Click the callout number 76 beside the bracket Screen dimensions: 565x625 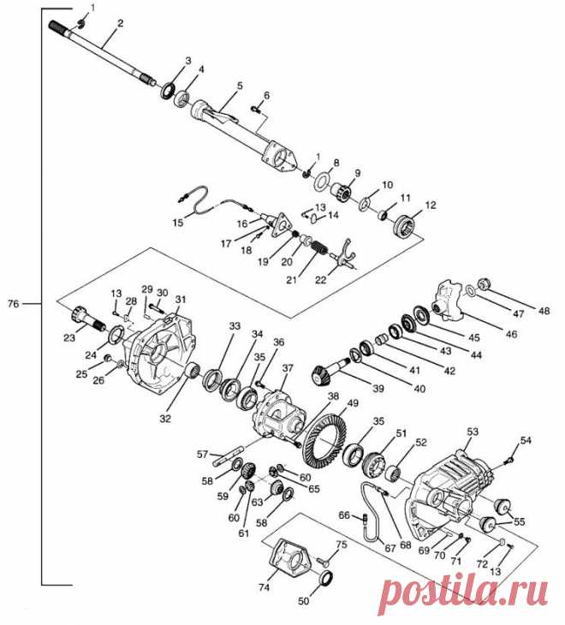[13, 304]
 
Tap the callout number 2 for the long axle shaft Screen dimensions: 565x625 [120, 23]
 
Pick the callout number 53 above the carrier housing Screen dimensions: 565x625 [473, 432]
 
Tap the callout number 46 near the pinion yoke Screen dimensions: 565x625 [511, 334]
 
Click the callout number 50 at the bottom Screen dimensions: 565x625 [304, 601]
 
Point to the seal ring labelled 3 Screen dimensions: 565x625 [169, 91]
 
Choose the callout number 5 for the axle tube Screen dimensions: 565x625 [240, 86]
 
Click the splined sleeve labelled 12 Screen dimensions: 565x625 [403, 226]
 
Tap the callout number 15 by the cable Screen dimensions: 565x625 [178, 223]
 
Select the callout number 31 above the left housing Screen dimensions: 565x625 [181, 300]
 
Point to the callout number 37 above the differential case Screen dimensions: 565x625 [288, 368]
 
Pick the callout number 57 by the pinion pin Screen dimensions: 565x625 [203, 454]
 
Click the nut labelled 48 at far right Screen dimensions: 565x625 [484, 284]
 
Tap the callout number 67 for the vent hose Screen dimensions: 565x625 [390, 548]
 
